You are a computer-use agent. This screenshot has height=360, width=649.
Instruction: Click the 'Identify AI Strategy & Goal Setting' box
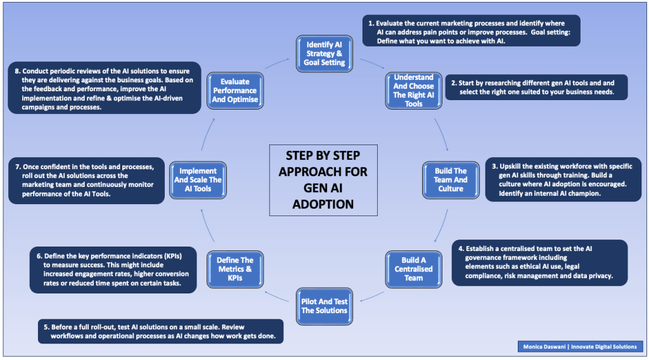[325, 53]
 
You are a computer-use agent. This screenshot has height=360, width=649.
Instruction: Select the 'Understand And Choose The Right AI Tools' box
[413, 90]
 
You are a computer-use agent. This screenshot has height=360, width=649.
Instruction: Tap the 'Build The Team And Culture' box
[450, 179]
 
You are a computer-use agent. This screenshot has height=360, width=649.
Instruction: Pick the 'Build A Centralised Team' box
[413, 269]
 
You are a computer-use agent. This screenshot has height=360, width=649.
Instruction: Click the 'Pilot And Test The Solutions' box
[324, 305]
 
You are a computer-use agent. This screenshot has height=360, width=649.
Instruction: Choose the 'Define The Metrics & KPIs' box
[235, 269]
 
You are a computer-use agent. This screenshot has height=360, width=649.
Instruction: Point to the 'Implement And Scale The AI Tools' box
[198, 179]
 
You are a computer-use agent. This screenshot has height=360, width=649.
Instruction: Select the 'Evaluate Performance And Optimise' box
[235, 90]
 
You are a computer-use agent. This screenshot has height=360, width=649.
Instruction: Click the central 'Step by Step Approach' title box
[323, 179]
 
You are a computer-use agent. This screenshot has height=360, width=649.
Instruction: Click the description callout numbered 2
[536, 87]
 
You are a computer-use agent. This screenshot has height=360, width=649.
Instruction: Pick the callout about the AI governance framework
[539, 262]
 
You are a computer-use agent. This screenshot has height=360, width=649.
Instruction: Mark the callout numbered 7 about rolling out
[87, 180]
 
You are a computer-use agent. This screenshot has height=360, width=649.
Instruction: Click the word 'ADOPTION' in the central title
[323, 205]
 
